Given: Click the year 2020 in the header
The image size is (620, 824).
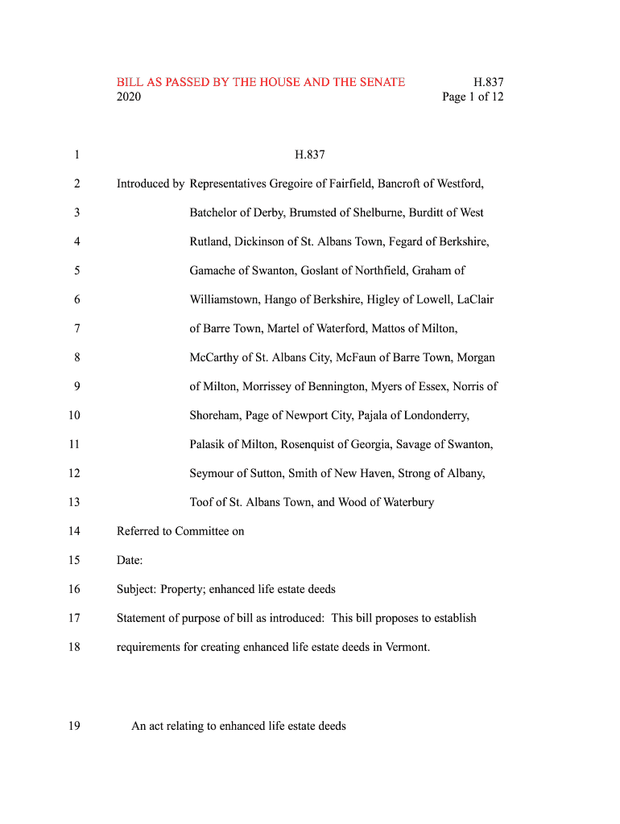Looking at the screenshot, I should [129, 97].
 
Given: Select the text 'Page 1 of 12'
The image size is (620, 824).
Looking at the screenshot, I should [473, 97].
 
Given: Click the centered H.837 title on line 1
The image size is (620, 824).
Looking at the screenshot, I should [310, 154].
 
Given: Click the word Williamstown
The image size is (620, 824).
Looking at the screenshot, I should [225, 299].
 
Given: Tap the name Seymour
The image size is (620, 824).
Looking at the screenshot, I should [213, 473].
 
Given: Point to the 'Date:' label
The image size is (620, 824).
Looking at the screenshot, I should [130, 560].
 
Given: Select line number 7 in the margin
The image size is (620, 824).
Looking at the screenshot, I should [76, 328].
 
